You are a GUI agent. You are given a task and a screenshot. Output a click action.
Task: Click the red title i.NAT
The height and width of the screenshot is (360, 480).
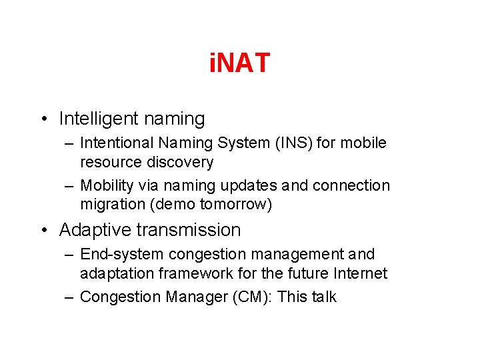coord(239,63)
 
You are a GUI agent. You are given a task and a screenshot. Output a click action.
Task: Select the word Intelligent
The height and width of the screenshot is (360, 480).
coord(97,119)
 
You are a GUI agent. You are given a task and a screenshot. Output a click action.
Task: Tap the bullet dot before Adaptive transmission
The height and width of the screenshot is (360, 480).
coord(44,230)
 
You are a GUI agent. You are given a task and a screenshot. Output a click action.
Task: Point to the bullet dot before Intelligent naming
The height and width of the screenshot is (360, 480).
coord(44,119)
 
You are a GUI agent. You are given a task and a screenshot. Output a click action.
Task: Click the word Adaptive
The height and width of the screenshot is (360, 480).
coord(95,230)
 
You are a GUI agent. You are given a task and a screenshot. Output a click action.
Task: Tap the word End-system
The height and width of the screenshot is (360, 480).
coord(121,254)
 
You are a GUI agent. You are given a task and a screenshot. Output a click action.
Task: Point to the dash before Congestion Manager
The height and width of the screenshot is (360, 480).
coord(69,297)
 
